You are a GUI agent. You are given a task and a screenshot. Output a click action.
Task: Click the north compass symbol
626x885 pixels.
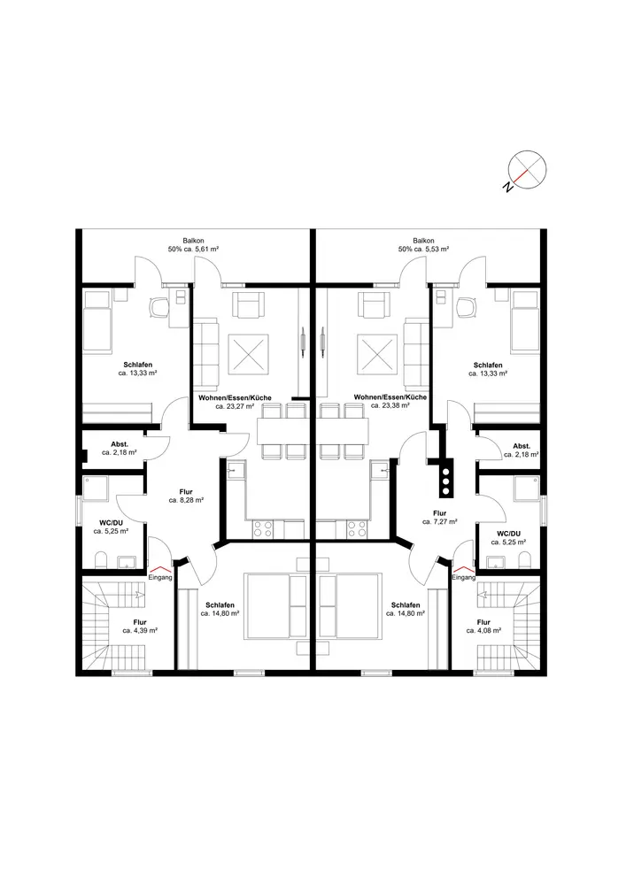point(527,170)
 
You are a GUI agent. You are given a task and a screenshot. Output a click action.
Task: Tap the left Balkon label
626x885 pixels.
point(193,241)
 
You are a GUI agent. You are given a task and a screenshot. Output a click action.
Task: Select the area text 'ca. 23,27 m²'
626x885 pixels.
point(235,406)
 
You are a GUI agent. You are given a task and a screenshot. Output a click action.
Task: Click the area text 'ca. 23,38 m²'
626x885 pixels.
point(390,405)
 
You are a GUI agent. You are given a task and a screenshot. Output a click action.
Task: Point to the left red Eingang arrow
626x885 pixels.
point(160,569)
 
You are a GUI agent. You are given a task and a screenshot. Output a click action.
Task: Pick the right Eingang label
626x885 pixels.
point(464,577)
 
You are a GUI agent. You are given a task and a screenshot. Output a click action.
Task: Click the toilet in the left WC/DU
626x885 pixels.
point(101,560)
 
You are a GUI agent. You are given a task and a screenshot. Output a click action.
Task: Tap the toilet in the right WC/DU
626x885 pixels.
point(525,560)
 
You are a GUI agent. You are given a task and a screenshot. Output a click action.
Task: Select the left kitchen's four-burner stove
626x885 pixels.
point(262,529)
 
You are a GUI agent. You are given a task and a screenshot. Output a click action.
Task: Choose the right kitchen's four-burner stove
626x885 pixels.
point(356,529)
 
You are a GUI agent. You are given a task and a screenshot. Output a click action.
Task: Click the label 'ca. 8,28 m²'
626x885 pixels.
point(186,500)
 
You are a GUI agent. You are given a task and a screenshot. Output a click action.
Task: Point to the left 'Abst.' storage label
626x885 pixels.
point(120,445)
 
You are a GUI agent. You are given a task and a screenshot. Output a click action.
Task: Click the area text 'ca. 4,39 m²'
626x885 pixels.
point(140,630)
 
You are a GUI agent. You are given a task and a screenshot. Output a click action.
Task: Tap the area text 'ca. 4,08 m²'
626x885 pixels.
point(483,630)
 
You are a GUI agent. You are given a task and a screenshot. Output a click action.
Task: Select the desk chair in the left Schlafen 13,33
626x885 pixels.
point(159,307)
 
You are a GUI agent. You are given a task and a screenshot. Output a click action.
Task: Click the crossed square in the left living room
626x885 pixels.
point(249,355)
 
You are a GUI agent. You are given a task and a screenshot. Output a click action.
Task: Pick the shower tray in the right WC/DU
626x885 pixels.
point(527,489)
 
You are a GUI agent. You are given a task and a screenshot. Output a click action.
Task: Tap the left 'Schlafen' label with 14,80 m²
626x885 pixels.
point(220,605)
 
